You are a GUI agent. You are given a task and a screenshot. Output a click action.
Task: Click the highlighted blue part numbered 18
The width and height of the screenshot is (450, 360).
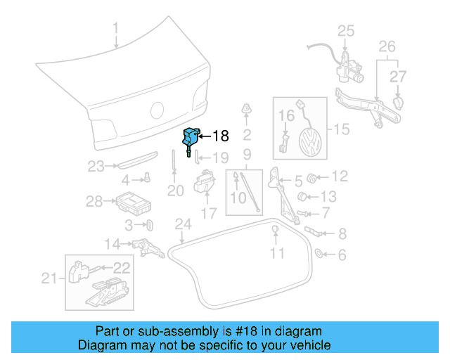click(x=191, y=138)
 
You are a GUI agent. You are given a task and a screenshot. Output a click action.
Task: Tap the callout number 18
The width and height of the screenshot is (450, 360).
click(x=220, y=136)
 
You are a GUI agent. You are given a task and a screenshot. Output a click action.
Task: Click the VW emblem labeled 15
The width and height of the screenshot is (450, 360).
click(x=308, y=143)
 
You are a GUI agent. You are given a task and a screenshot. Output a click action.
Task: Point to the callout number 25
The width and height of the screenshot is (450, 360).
click(x=346, y=30)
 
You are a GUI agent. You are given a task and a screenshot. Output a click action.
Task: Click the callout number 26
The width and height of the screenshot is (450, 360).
click(x=387, y=48)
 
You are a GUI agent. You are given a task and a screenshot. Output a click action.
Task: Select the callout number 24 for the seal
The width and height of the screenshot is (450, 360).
click(x=183, y=224)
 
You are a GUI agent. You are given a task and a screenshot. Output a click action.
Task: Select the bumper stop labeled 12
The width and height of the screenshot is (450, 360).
click(x=316, y=176)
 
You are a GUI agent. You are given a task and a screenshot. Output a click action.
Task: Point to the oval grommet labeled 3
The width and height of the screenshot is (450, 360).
click(x=150, y=225)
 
